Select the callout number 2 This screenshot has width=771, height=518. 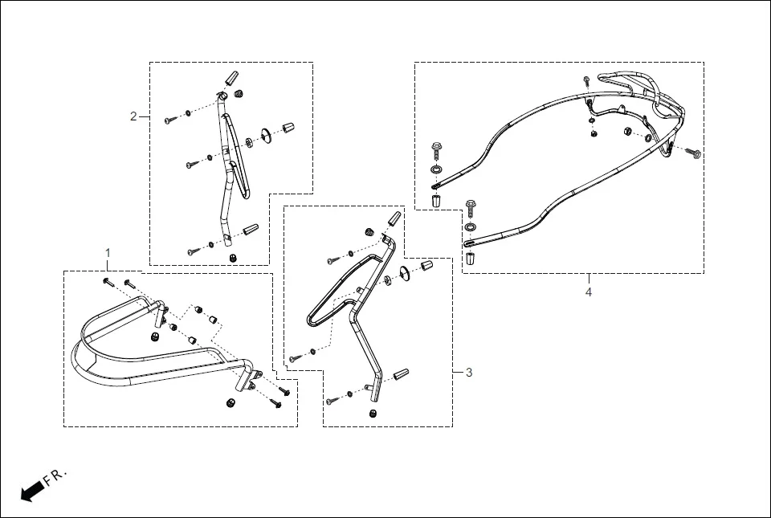tap(134, 116)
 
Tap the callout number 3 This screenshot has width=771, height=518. tap(468, 372)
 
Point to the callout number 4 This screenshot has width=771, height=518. tap(588, 292)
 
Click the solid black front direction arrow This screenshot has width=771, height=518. tap(31, 491)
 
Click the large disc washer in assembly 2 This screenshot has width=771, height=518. tap(266, 135)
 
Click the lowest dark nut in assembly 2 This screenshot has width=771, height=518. tap(232, 257)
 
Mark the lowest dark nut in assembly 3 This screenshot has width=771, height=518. tap(373, 413)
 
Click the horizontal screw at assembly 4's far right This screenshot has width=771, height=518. tap(694, 153)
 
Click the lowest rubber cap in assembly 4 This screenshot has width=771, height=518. tap(470, 259)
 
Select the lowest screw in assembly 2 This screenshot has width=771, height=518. tap(193, 251)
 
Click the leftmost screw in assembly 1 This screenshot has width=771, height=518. tap(106, 281)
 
